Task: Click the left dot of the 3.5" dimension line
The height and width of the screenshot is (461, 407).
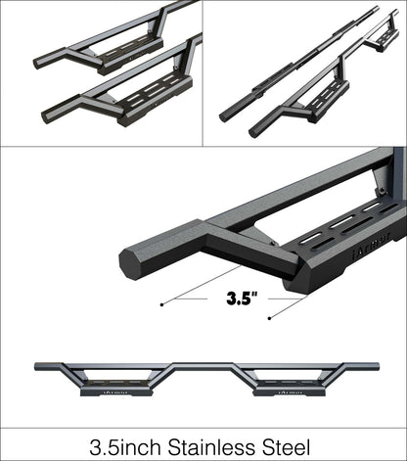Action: pos(161,304)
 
